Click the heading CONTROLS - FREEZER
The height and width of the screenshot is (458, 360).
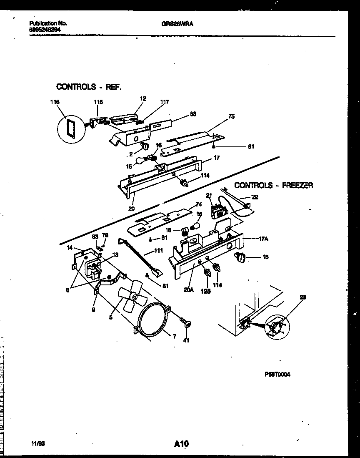click(x=273, y=185)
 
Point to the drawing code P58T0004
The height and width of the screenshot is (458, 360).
click(x=277, y=374)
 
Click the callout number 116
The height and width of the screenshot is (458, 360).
click(x=55, y=101)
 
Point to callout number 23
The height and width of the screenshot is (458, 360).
click(x=303, y=297)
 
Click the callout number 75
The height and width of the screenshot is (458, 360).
click(x=231, y=117)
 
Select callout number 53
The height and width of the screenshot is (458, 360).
click(x=193, y=113)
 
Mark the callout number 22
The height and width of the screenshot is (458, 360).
click(x=255, y=197)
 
